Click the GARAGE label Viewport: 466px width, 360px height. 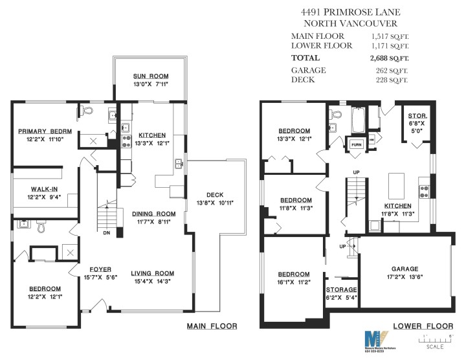pos(405,269)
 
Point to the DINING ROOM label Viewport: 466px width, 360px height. pos(153,214)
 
